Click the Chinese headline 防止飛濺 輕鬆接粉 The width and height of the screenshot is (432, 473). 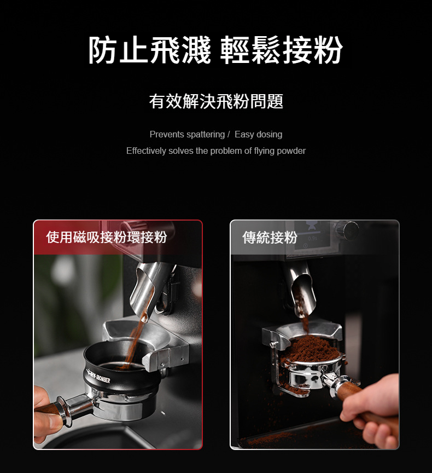pos(215,50)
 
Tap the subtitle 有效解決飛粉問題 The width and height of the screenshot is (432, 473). pos(216,101)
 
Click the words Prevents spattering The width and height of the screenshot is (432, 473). pos(187,134)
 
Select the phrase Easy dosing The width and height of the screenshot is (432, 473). pos(259,134)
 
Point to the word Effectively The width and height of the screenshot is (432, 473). pos(146,151)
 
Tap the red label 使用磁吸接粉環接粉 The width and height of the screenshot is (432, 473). pos(106,237)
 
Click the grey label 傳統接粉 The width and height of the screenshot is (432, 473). pos(270,237)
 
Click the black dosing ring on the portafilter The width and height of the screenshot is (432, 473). pos(120,370)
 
